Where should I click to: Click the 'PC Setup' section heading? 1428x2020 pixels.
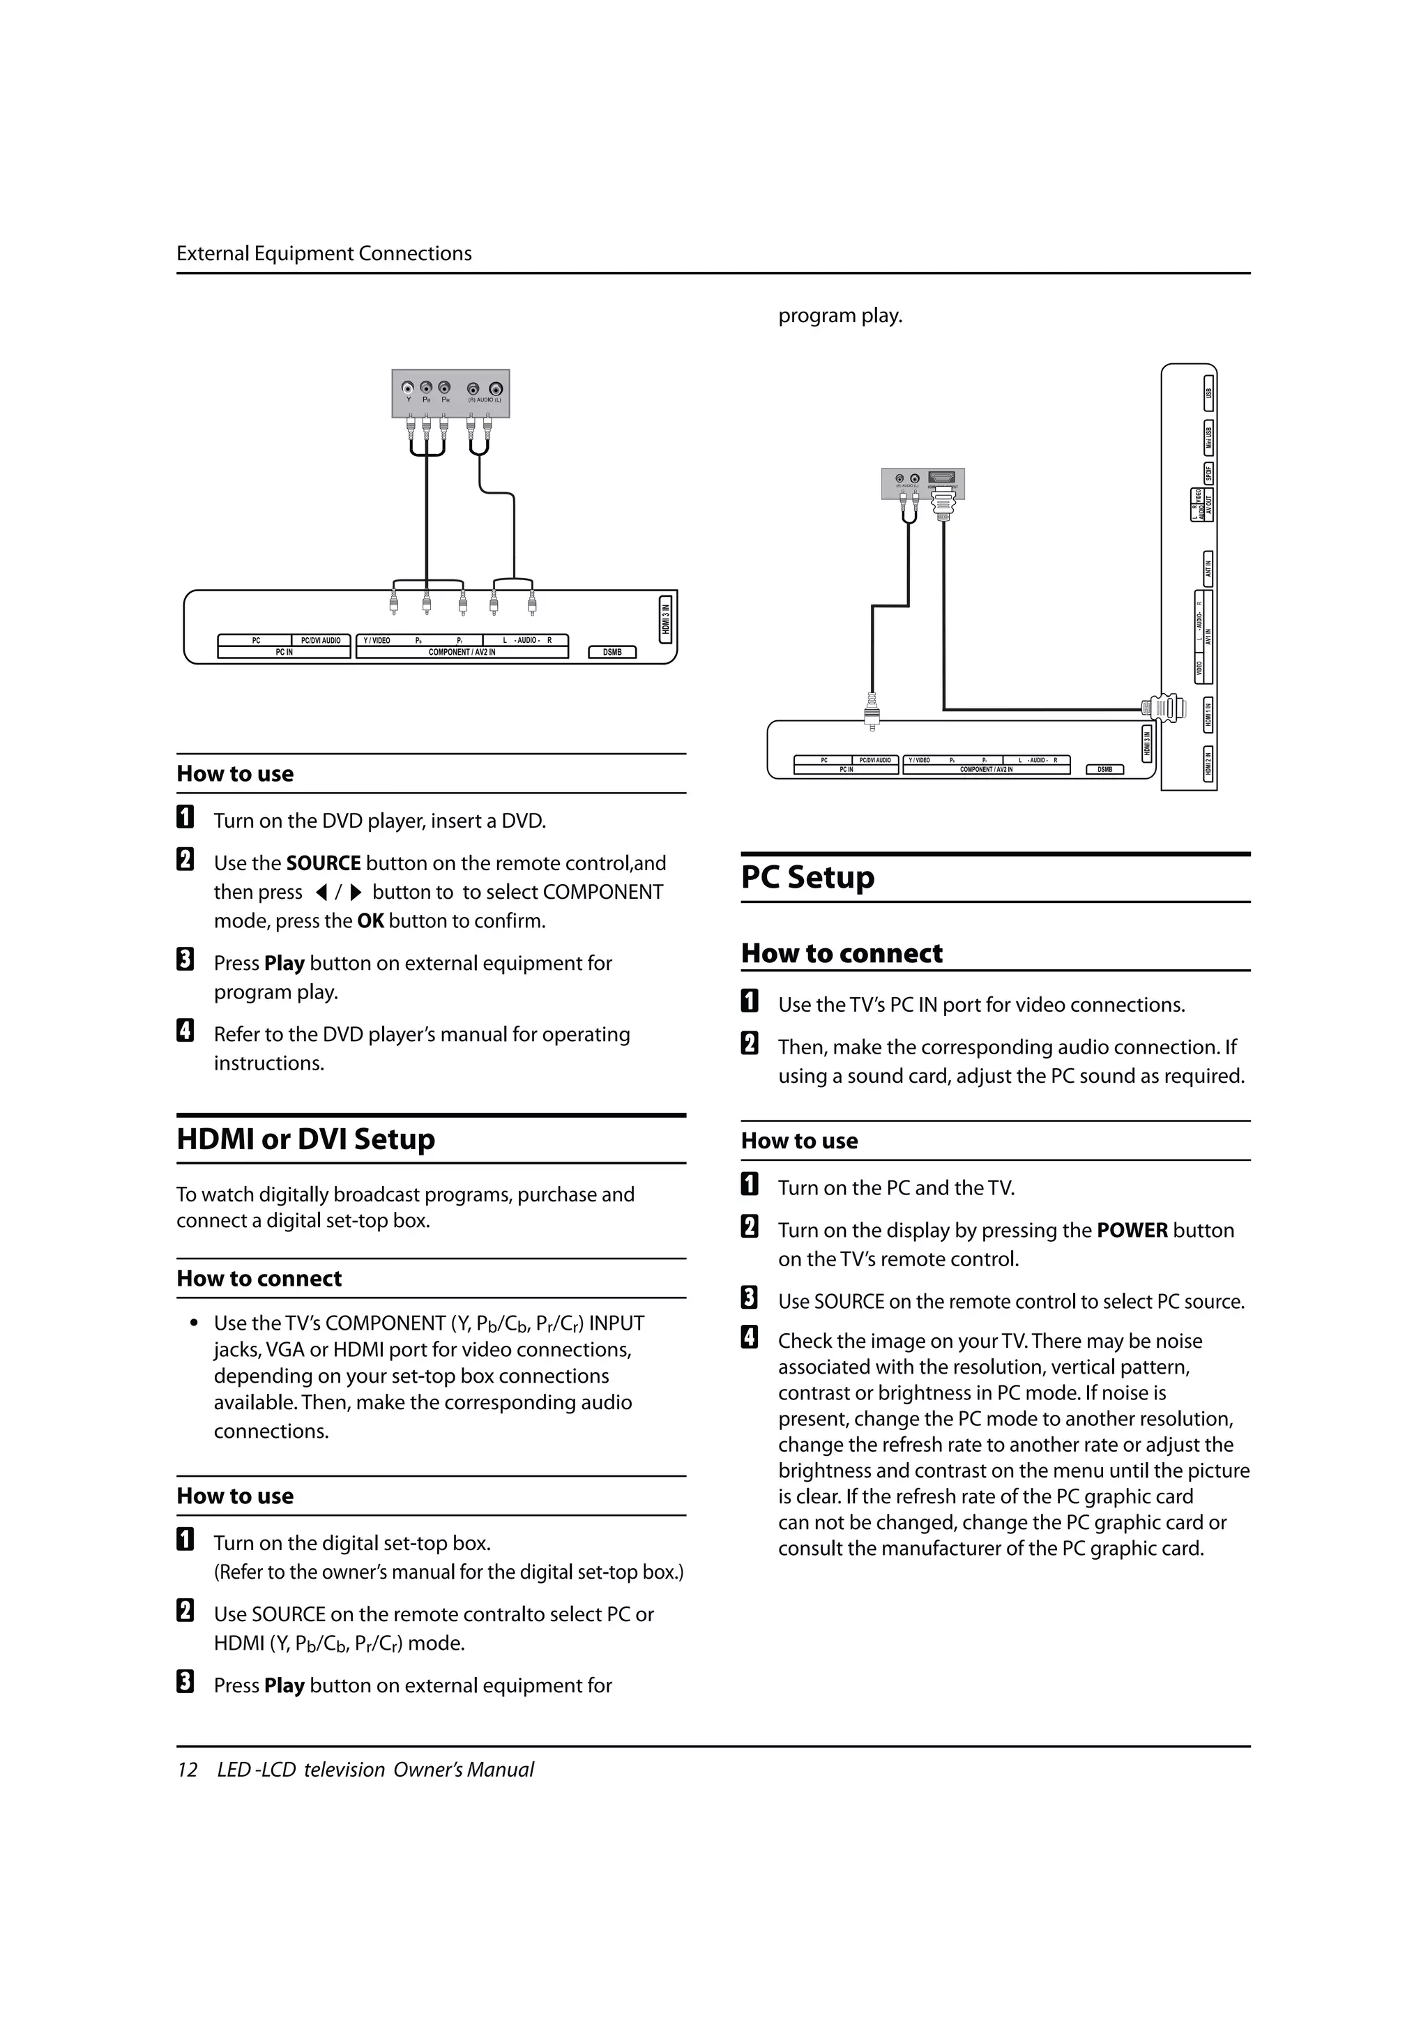click(807, 877)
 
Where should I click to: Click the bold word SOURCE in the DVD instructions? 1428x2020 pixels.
click(323, 863)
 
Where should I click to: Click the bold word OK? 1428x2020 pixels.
click(370, 921)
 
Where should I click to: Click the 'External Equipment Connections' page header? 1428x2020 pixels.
click(324, 253)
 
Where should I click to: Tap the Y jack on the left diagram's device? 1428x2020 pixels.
click(409, 388)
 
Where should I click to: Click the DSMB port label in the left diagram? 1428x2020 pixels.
click(612, 652)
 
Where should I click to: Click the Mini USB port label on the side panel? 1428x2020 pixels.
click(1209, 437)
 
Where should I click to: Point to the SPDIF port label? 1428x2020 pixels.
click(1209, 473)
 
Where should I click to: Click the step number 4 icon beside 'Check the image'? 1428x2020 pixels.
click(750, 1338)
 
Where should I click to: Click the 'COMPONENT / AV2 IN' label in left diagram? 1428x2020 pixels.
click(461, 652)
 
